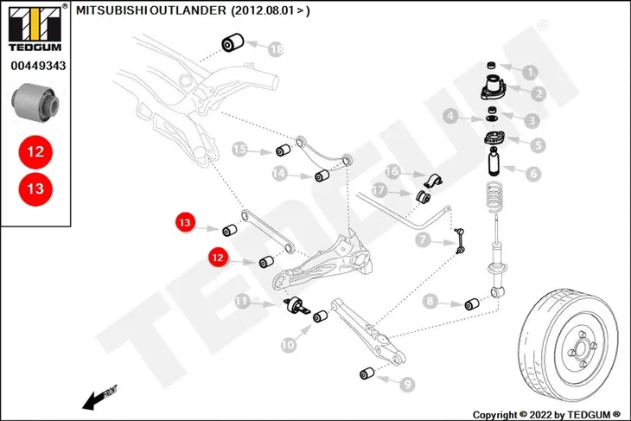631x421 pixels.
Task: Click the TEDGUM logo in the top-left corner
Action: tap(35, 28)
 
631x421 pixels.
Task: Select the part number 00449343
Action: tap(38, 66)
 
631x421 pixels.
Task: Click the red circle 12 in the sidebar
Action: tap(35, 152)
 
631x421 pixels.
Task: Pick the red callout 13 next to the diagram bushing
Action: tap(185, 222)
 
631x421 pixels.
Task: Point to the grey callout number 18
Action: tap(276, 49)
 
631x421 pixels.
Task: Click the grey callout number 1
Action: tap(530, 73)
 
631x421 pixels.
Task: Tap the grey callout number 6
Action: tap(533, 174)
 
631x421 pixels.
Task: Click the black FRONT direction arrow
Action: tap(99, 398)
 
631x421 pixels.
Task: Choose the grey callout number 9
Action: tap(407, 385)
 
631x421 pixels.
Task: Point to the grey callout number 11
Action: tap(242, 301)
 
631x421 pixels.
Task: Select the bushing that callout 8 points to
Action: tap(472, 304)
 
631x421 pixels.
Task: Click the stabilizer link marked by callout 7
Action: tap(460, 241)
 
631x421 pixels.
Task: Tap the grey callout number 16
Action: tap(392, 171)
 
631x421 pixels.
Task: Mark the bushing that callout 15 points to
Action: tap(284, 150)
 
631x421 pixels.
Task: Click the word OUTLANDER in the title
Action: tap(188, 10)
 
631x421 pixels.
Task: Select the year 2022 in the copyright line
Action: tap(540, 415)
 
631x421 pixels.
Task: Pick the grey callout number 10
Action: tap(288, 345)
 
